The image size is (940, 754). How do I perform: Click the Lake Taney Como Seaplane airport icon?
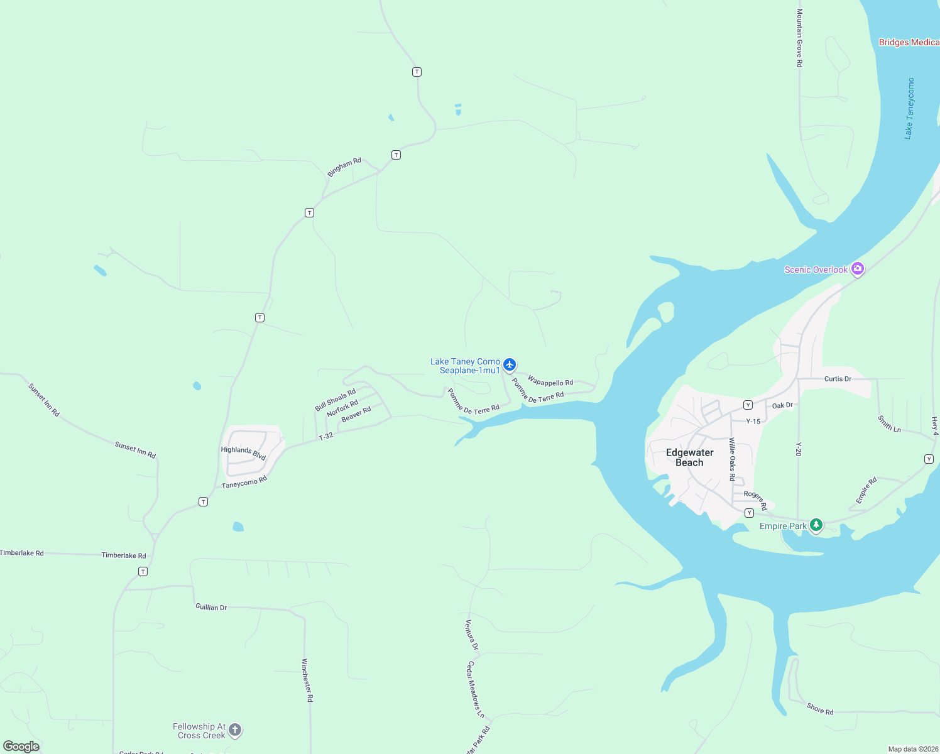coord(510,364)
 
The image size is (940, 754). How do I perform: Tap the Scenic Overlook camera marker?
coord(858,269)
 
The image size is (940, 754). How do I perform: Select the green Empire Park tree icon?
coord(816,525)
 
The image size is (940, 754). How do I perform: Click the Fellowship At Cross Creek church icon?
coord(234,729)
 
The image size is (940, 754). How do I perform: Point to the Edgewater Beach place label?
coord(689,457)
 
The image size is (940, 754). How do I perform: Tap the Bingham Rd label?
coord(344,167)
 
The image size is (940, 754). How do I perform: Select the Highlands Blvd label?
coord(243,452)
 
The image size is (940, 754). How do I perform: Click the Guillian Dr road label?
coord(211,607)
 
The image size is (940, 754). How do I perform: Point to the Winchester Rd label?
coord(307,680)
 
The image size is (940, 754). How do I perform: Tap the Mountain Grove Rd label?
coord(799,38)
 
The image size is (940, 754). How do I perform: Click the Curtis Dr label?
coord(838,379)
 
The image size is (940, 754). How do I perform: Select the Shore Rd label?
coord(820,709)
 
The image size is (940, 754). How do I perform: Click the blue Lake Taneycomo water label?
coord(909,108)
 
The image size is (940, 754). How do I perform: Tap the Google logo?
coord(21,746)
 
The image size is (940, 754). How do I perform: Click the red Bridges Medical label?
coord(909,42)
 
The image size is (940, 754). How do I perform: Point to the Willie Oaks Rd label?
coord(732,459)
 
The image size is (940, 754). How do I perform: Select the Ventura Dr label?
coord(471,635)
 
